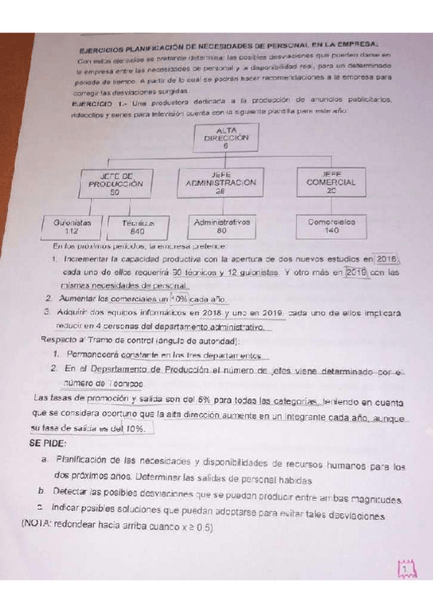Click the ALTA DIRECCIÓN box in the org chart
[x=226, y=137]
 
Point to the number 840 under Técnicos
[x=138, y=233]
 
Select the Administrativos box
[x=221, y=226]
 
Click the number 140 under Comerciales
[x=332, y=231]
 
